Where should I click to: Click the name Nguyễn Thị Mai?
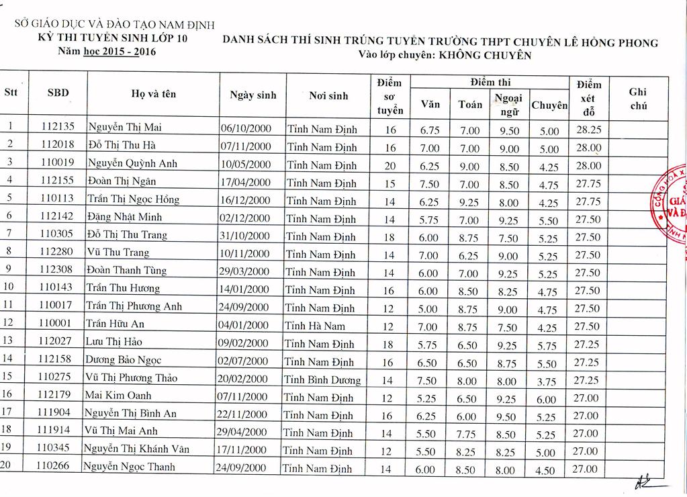[x=125, y=127]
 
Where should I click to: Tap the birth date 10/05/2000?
[x=246, y=164]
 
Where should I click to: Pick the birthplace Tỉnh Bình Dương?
[x=322, y=379]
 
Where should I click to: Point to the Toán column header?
[x=470, y=104]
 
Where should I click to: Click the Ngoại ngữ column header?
[x=508, y=104]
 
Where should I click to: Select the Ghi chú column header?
[x=638, y=99]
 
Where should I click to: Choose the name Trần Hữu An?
[x=115, y=324]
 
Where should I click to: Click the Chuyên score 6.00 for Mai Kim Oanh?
[x=546, y=399]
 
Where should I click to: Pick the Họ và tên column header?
[x=154, y=94]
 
